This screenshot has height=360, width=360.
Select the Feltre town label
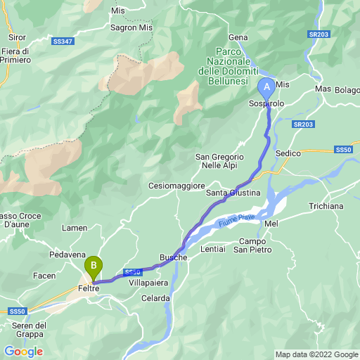(x=89, y=288)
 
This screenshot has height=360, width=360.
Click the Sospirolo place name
(x=266, y=103)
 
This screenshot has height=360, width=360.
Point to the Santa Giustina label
(x=233, y=193)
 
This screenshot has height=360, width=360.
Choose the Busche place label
(x=174, y=257)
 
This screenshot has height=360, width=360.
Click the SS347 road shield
(x=61, y=42)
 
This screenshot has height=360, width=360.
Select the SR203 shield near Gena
(x=318, y=34)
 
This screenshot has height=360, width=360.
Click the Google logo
(x=23, y=351)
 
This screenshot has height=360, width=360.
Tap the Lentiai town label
(x=212, y=249)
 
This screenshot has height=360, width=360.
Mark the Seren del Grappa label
(x=30, y=329)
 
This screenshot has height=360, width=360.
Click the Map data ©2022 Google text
(x=316, y=354)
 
